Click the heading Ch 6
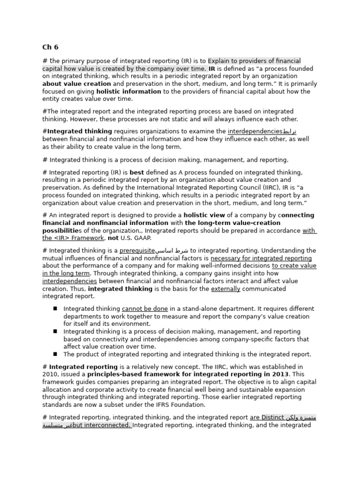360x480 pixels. (x=50, y=47)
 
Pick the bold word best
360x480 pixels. (x=137, y=172)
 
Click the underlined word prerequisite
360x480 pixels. (x=137, y=251)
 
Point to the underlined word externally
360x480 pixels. (x=225, y=289)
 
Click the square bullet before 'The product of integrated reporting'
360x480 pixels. (x=55, y=354)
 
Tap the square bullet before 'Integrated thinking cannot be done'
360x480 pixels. (x=55, y=308)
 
